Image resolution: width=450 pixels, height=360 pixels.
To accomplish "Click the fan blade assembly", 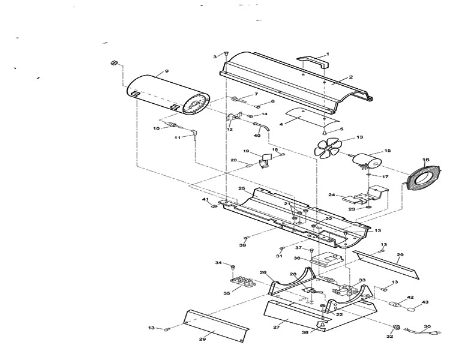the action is coord(328,148).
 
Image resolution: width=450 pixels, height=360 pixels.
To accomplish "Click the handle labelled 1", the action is coord(313,62).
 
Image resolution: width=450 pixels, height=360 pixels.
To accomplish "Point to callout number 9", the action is coord(167,71).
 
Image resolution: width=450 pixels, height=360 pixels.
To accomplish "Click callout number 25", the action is coord(242,188).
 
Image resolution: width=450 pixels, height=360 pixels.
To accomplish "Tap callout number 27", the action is coord(277,327).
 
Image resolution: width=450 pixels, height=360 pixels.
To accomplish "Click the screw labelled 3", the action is coord(226,53).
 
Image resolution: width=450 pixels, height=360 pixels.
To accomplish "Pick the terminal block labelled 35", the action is coord(243,282).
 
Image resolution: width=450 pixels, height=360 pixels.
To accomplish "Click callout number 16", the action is coord(426,160).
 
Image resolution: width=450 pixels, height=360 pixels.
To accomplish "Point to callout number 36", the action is coord(297,258).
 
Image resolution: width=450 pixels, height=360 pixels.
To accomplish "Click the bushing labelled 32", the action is coord(397,327).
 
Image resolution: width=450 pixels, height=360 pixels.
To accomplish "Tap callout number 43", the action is coord(425,302).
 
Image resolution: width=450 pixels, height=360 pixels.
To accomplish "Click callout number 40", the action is coord(257,135).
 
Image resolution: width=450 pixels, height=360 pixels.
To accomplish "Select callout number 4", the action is coord(281,124).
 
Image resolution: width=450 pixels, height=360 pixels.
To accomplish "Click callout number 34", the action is coord(218,262).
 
